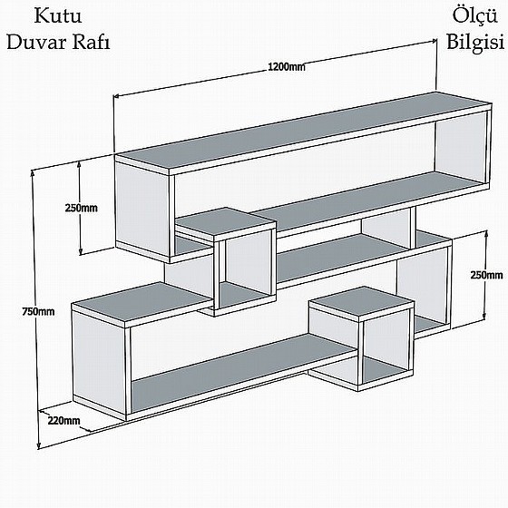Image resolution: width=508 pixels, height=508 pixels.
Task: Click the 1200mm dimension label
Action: coord(287,67)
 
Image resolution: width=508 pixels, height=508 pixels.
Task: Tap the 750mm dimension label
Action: coord(38,312)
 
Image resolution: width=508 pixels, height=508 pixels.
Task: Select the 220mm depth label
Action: coord(63,421)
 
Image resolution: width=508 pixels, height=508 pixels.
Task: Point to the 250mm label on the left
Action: coord(82,208)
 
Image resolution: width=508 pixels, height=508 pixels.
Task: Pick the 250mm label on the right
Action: coord(486,275)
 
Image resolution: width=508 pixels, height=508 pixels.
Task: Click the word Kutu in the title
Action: coord(58,16)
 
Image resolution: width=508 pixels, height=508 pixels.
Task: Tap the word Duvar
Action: coord(36,43)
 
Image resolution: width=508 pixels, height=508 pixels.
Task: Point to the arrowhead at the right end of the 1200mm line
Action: coord(434,41)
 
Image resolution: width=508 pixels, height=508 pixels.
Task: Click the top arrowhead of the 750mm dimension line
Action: coord(33,173)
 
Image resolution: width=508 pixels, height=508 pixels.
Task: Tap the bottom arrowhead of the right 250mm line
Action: coord(484,317)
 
